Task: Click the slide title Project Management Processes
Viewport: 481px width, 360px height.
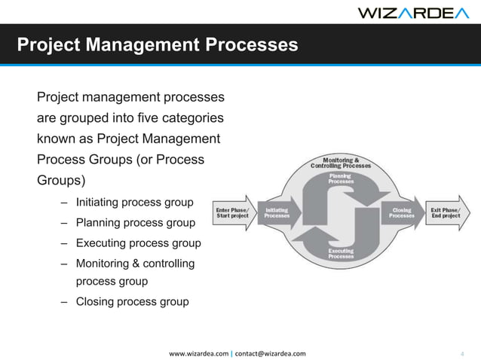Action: point(158,45)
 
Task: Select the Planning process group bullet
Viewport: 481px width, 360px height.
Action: point(135,223)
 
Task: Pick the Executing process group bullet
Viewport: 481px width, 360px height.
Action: point(138,243)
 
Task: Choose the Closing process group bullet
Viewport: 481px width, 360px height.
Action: point(132,302)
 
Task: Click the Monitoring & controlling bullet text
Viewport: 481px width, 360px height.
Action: point(135,264)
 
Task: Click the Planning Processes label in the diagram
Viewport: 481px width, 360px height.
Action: point(341,179)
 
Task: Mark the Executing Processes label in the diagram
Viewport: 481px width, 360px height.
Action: point(341,253)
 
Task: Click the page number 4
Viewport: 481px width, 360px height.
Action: point(461,352)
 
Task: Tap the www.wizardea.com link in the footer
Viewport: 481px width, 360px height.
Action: point(198,352)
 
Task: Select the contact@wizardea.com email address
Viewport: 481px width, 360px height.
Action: point(271,352)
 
